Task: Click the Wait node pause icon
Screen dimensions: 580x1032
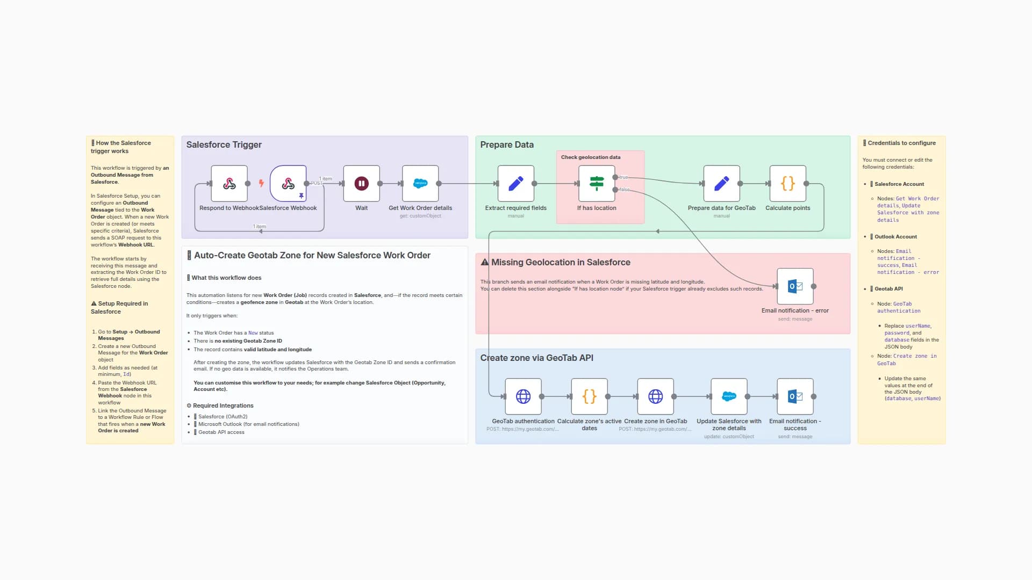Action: [361, 184]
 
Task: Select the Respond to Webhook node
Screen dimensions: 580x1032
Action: [230, 184]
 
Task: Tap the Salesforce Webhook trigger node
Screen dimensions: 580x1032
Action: [288, 184]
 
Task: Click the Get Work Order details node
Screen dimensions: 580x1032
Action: [420, 184]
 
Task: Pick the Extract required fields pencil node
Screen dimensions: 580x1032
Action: [515, 184]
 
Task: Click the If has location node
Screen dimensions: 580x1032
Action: [597, 184]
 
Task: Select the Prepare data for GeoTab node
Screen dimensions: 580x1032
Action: [721, 184]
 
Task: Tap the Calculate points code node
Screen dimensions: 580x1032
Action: [787, 184]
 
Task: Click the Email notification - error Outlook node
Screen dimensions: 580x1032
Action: [795, 286]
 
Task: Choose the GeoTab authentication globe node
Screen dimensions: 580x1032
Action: [523, 396]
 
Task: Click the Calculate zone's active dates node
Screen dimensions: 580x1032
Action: [589, 396]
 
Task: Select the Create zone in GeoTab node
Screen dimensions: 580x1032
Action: [655, 396]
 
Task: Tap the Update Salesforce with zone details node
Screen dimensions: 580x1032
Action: [729, 396]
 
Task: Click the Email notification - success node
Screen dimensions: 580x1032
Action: [795, 396]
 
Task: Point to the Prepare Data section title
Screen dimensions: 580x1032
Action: [506, 144]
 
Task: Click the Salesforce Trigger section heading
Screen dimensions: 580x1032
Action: [224, 144]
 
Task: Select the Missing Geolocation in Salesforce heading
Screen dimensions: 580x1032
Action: [560, 262]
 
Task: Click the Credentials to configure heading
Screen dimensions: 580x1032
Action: [901, 143]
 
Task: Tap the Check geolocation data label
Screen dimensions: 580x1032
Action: [590, 157]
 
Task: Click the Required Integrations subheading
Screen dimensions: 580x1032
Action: [223, 405]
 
